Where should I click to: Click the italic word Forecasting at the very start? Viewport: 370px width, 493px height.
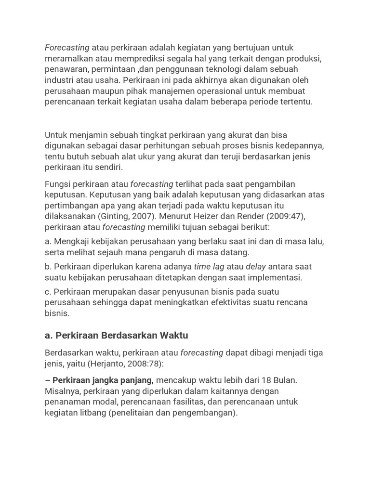point(67,47)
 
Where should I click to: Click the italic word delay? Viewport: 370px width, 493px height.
point(255,266)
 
